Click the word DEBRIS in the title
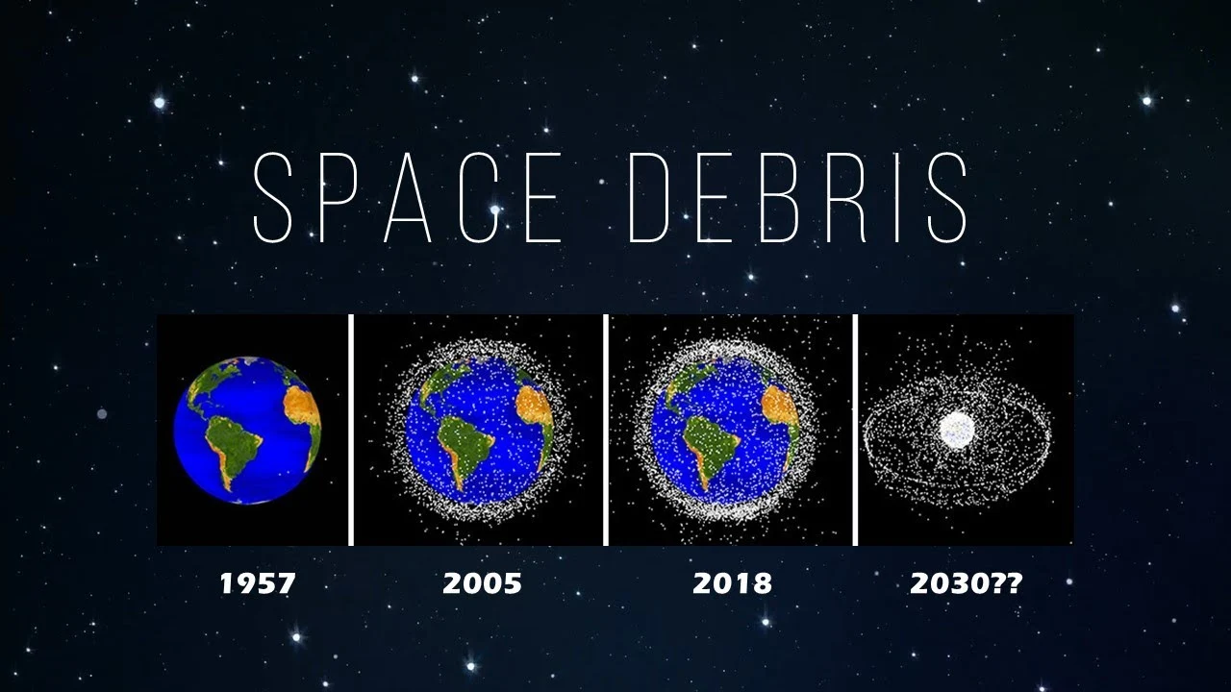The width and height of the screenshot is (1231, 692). click(798, 198)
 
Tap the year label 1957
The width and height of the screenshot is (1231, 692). click(257, 582)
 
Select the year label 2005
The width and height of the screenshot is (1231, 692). click(482, 582)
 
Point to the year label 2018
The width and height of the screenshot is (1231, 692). click(732, 582)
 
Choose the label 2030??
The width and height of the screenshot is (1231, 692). click(965, 582)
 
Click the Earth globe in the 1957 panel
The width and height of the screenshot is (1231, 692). click(247, 430)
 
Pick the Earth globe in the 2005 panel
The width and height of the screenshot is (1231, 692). click(479, 431)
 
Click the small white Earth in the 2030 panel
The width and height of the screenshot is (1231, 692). click(957, 429)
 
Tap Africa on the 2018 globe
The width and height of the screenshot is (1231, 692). click(780, 409)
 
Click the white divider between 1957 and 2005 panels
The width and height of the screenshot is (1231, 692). click(351, 430)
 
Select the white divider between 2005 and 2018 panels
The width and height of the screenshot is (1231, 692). click(606, 430)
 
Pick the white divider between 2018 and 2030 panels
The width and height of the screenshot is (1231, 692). click(855, 430)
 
